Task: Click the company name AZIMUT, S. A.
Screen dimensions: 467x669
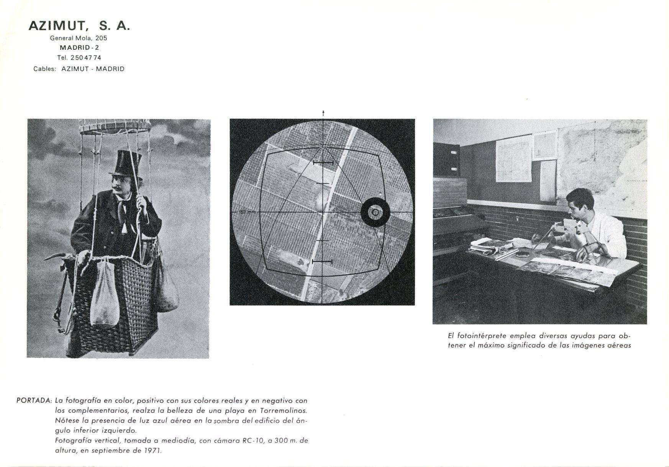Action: [x=79, y=26]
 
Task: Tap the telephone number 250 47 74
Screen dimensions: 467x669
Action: [x=86, y=58]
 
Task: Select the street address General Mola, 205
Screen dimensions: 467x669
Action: [x=79, y=38]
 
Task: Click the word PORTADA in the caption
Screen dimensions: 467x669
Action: [x=34, y=401]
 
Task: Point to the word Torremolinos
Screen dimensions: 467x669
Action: [x=284, y=410]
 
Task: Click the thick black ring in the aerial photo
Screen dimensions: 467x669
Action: [x=375, y=212]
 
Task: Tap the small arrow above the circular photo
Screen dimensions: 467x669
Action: [x=323, y=113]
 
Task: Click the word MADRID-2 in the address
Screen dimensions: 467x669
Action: [x=79, y=48]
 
